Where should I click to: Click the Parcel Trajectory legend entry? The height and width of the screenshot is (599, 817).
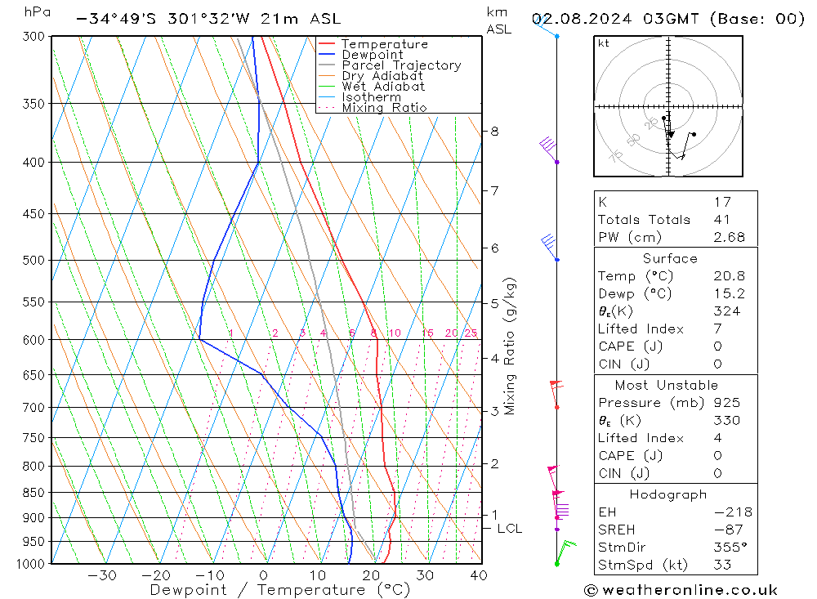[x=401, y=65]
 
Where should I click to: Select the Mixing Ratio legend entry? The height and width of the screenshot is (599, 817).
[x=384, y=108]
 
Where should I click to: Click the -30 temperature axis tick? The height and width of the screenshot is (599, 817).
[x=102, y=575]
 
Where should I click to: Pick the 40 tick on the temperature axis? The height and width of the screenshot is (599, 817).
[x=479, y=575]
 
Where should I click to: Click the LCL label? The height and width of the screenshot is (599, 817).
[x=509, y=529]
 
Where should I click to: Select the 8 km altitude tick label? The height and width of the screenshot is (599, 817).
[x=495, y=131]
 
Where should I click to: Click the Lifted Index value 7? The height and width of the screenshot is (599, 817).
[x=717, y=329]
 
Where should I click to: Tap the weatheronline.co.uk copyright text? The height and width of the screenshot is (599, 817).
[x=681, y=590]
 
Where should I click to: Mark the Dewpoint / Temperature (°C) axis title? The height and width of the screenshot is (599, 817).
[x=279, y=589]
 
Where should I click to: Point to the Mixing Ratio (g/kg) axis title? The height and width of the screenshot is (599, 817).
[x=511, y=346]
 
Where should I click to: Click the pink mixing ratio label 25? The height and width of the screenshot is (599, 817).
[x=471, y=333]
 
